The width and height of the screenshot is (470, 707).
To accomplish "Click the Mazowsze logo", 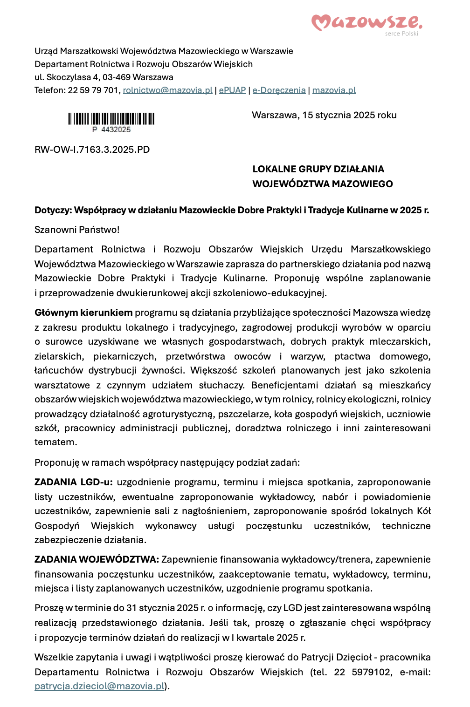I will pyautogui.click(x=366, y=23).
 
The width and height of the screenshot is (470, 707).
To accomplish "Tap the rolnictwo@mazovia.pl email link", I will pyautogui.click(x=167, y=90).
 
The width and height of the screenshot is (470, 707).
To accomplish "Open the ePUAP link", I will pyautogui.click(x=232, y=90).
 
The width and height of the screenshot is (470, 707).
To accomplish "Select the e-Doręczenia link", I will pyautogui.click(x=279, y=90).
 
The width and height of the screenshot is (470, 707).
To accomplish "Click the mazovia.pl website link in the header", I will pyautogui.click(x=334, y=90).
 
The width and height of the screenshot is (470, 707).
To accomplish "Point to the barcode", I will pyautogui.click(x=111, y=119).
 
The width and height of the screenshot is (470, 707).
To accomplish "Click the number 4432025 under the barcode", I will pyautogui.click(x=116, y=129).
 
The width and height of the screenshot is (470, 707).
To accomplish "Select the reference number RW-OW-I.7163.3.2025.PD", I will pyautogui.click(x=92, y=150).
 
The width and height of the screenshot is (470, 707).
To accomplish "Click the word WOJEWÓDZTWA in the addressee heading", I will pyautogui.click(x=288, y=184).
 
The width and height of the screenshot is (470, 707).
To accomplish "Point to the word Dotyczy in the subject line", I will pyautogui.click(x=52, y=210).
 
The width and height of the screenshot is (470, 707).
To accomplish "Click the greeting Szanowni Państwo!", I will pyautogui.click(x=77, y=230).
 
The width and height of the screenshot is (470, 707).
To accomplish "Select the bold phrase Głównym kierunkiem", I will pyautogui.click(x=83, y=313).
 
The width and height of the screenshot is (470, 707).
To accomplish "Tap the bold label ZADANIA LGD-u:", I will pyautogui.click(x=73, y=482).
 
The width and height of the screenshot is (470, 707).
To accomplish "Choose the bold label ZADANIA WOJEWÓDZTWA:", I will pyautogui.click(x=97, y=559).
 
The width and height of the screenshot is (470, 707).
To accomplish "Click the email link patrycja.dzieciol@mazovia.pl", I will pyautogui.click(x=100, y=686).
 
